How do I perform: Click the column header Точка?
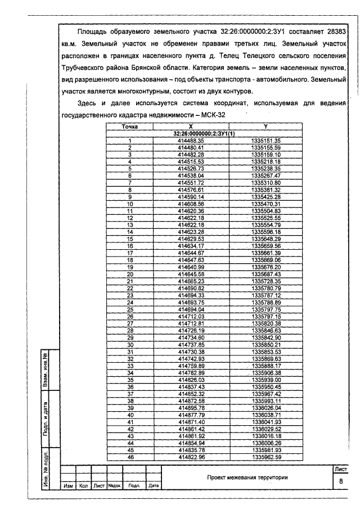point(130,127)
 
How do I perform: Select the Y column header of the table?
point(265,127)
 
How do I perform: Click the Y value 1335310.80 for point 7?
point(265,182)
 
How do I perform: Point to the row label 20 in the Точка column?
point(130,274)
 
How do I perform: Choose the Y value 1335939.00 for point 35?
point(265,380)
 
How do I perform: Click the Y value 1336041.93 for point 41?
point(265,422)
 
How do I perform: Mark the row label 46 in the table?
point(130,457)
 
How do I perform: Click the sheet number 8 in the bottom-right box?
point(341,482)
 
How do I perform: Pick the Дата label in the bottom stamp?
point(154,485)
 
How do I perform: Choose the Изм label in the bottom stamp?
point(69,485)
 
